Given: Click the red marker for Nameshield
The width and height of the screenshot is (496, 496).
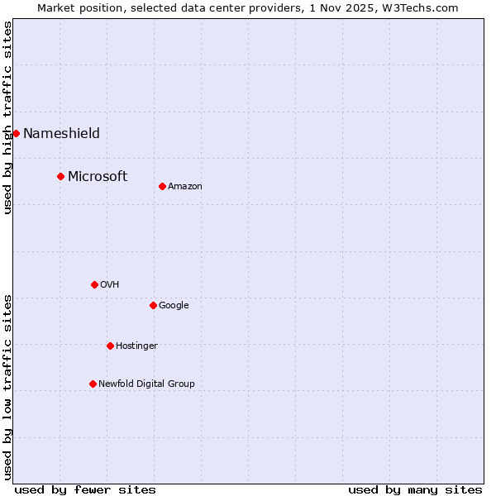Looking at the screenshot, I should click(x=16, y=133).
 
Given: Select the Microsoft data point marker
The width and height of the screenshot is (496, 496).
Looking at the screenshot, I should click(x=60, y=176).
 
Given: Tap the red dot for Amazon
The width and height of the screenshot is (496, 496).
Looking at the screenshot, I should click(x=162, y=186).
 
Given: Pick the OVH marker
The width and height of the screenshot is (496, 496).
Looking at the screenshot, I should click(x=94, y=284).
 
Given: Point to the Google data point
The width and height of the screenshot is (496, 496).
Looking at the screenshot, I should click(x=153, y=305).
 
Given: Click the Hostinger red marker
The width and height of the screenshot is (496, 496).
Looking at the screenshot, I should click(x=110, y=346).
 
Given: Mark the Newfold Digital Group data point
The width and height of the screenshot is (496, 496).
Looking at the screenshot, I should click(x=93, y=384).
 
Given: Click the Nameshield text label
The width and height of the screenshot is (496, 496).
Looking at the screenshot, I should click(x=61, y=133).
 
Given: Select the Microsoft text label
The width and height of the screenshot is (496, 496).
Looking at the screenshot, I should click(x=98, y=176).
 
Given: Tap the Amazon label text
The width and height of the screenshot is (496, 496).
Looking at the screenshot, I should click(x=185, y=186).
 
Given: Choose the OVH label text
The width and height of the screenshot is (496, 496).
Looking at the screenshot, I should click(x=110, y=284).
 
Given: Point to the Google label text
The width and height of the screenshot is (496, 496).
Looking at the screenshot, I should click(x=174, y=305).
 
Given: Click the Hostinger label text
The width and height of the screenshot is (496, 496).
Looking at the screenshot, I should click(x=136, y=346).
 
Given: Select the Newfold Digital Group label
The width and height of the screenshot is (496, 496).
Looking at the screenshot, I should click(x=146, y=384).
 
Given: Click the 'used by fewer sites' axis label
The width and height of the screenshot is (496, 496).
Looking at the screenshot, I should click(x=85, y=489).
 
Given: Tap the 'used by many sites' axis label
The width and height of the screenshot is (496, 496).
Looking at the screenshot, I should click(x=415, y=489).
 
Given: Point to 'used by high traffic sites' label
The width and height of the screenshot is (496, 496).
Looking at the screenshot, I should click(x=7, y=117).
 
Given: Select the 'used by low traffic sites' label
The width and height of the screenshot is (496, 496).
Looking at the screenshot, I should click(x=7, y=386).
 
